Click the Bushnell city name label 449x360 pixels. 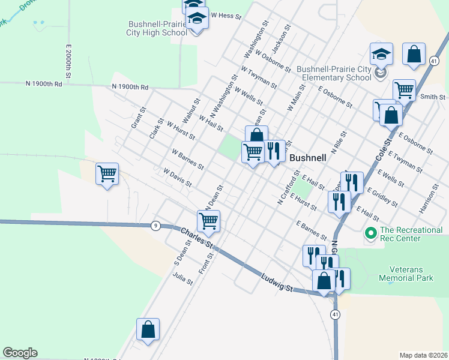tap(308, 158)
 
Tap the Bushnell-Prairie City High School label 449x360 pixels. tap(158, 29)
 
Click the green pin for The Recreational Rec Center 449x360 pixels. tap(370, 232)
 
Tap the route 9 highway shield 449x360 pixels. tap(155, 226)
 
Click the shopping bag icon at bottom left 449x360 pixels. tap(148, 330)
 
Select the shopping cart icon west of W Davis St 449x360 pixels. tap(107, 175)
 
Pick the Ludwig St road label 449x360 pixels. tap(277, 281)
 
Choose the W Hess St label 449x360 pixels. tap(225, 16)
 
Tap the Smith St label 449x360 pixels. tap(432, 97)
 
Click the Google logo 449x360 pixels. tap(20, 353)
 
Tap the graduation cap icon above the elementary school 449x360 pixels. tap(381, 55)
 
